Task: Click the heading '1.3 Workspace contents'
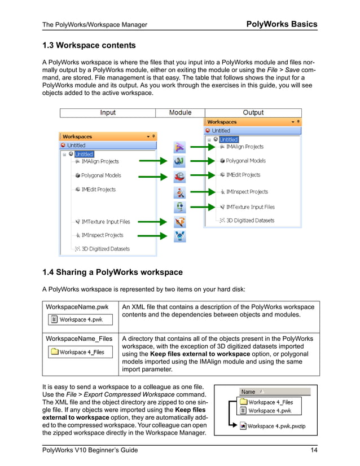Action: pyautogui.click(x=89, y=45)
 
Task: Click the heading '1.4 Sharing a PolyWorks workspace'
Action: pyautogui.click(x=112, y=272)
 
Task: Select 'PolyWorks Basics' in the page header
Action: pyautogui.click(x=282, y=24)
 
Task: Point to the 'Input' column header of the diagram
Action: pyautogui.click(x=108, y=113)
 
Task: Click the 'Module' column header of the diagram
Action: pyautogui.click(x=180, y=113)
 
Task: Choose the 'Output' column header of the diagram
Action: pyautogui.click(x=253, y=113)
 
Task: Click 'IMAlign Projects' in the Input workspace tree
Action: pyautogui.click(x=100, y=161)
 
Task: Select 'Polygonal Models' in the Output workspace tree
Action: pyautogui.click(x=245, y=161)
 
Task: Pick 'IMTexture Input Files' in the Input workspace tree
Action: pyautogui.click(x=105, y=222)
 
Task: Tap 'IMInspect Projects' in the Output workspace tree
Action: pyautogui.click(x=247, y=192)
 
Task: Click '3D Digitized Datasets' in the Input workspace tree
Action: pyautogui.click(x=105, y=249)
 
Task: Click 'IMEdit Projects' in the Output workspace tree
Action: pyautogui.click(x=243, y=175)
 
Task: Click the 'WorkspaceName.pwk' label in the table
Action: pyautogui.click(x=77, y=307)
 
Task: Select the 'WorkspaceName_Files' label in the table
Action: pyautogui.click(x=79, y=338)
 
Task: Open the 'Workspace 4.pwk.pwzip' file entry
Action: pyautogui.click(x=276, y=426)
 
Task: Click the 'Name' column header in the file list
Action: pyautogui.click(x=248, y=392)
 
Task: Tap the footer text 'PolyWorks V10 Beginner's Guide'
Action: pyautogui.click(x=90, y=450)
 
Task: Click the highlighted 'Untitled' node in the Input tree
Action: pyautogui.click(x=84, y=154)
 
